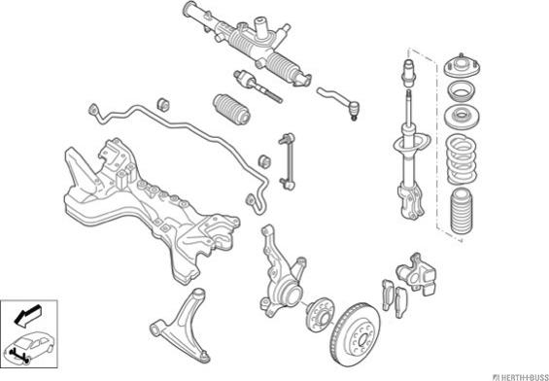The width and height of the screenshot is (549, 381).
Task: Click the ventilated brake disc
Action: (356, 333)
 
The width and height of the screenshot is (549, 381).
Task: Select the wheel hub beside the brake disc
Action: (320, 315)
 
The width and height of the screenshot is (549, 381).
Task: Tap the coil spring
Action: (462, 159)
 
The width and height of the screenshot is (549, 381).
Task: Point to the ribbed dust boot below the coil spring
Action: (462, 211)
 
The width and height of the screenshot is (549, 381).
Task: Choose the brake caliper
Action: (416, 272)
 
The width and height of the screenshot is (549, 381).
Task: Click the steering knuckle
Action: (281, 272)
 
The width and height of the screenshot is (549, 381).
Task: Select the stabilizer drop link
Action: (287, 161)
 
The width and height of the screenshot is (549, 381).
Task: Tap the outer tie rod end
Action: (339, 103)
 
